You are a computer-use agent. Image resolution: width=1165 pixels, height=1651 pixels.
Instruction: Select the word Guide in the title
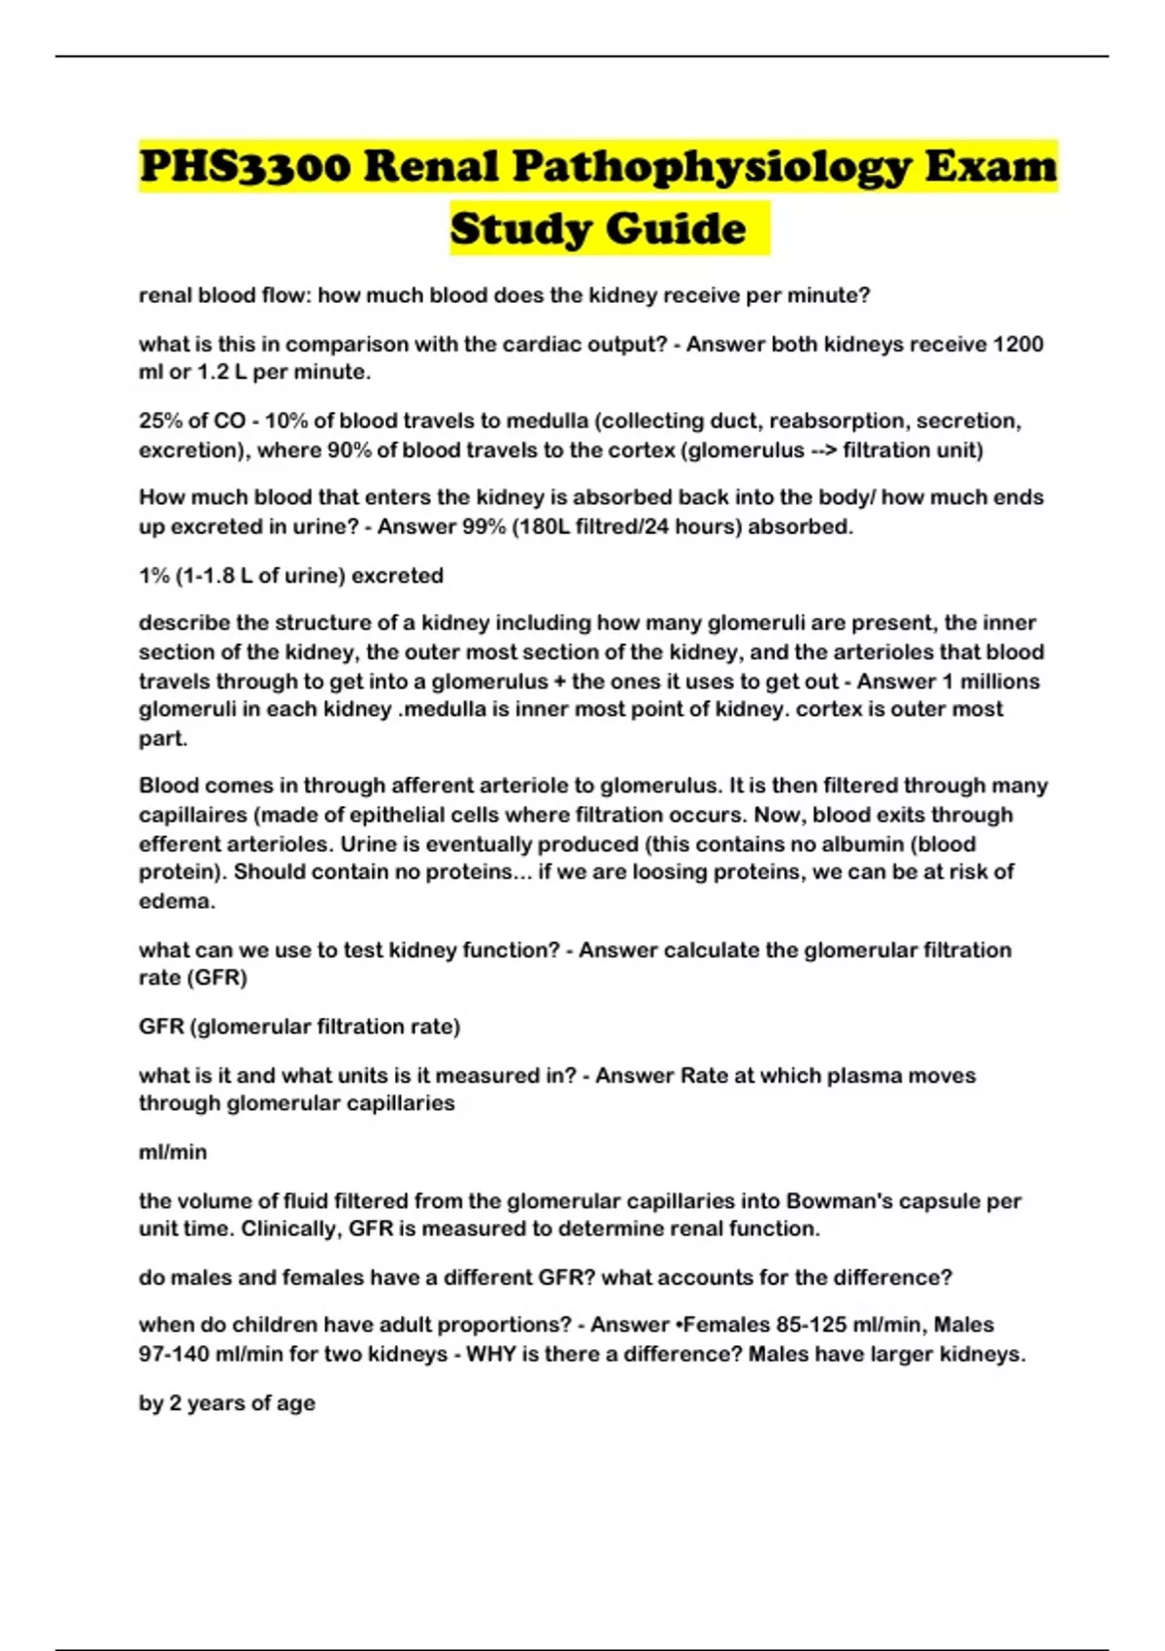678,229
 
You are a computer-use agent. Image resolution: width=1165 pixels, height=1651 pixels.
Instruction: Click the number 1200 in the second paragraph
1018,344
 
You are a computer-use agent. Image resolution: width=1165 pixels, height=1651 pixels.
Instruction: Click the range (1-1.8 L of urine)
262,575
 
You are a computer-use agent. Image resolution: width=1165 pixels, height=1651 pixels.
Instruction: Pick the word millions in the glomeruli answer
999,681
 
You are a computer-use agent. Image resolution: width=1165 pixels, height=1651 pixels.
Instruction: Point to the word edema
176,901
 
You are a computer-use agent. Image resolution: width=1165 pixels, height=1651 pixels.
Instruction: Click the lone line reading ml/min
173,1152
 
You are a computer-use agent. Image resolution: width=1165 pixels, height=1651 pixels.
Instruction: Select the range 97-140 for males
174,1354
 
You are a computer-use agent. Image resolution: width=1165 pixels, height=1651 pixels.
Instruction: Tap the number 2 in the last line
175,1403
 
